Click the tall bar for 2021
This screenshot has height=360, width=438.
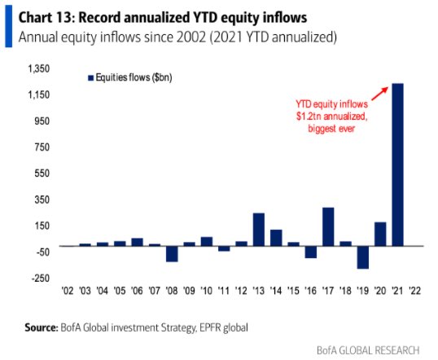click(x=398, y=164)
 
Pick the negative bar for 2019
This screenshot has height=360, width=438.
click(x=362, y=257)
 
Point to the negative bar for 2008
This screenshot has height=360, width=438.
click(x=172, y=252)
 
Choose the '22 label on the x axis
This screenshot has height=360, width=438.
click(x=416, y=291)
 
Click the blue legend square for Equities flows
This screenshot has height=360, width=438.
click(x=91, y=77)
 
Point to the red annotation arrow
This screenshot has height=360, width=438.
click(x=372, y=92)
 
